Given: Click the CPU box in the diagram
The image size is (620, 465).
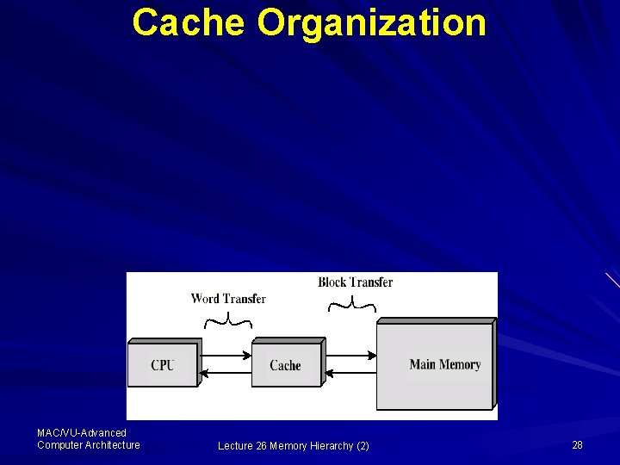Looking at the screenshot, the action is pyautogui.click(x=162, y=365).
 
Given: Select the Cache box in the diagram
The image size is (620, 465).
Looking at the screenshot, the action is pyautogui.click(x=285, y=365).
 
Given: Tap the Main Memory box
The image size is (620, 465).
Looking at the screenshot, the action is pyautogui.click(x=435, y=365).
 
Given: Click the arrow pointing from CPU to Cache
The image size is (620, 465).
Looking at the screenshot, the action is pyautogui.click(x=226, y=355).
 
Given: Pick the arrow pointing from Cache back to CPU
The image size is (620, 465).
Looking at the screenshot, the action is pyautogui.click(x=226, y=373).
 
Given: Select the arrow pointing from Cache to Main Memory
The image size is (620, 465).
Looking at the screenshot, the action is pyautogui.click(x=349, y=355).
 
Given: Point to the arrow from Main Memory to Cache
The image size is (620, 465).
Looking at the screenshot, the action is pyautogui.click(x=349, y=373).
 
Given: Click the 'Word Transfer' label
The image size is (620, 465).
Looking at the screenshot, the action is pyautogui.click(x=228, y=299).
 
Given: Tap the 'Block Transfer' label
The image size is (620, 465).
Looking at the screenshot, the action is pyautogui.click(x=355, y=282).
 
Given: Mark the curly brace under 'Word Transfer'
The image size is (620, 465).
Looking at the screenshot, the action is pyautogui.click(x=228, y=321).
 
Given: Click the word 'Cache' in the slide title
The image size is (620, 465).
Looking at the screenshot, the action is pyautogui.click(x=187, y=22).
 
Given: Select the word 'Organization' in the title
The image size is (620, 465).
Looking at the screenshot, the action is pyautogui.click(x=371, y=24).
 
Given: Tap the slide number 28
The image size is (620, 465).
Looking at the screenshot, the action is pyautogui.click(x=577, y=444).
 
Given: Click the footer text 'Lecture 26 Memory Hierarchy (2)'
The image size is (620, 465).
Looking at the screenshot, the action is pyautogui.click(x=293, y=445).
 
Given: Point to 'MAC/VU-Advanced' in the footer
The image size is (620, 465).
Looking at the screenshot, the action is pyautogui.click(x=82, y=433).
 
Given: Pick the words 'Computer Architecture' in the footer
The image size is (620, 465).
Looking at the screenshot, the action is pyautogui.click(x=88, y=444).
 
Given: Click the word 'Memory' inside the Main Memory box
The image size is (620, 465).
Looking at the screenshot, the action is pyautogui.click(x=460, y=364).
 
